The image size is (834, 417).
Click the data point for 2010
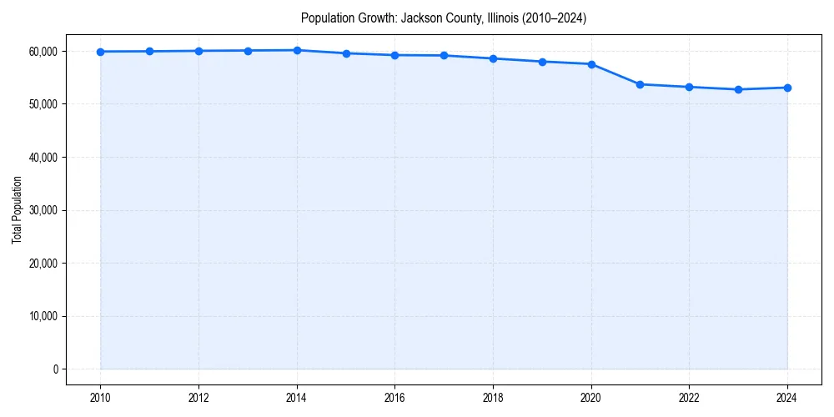(100, 52)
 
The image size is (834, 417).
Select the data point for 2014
(297, 50)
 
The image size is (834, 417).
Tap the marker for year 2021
(640, 84)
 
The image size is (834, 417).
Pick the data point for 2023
(738, 89)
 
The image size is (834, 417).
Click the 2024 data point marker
(787, 88)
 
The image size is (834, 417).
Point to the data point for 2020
(591, 64)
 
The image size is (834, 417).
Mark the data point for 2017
(444, 56)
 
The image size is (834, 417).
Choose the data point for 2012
(198, 51)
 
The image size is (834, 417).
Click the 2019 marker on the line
(542, 62)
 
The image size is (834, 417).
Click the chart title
(444, 18)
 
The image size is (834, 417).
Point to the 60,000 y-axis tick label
(41, 52)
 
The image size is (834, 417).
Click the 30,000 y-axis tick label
(41, 210)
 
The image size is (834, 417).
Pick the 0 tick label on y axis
(54, 369)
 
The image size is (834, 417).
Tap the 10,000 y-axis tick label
(41, 316)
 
